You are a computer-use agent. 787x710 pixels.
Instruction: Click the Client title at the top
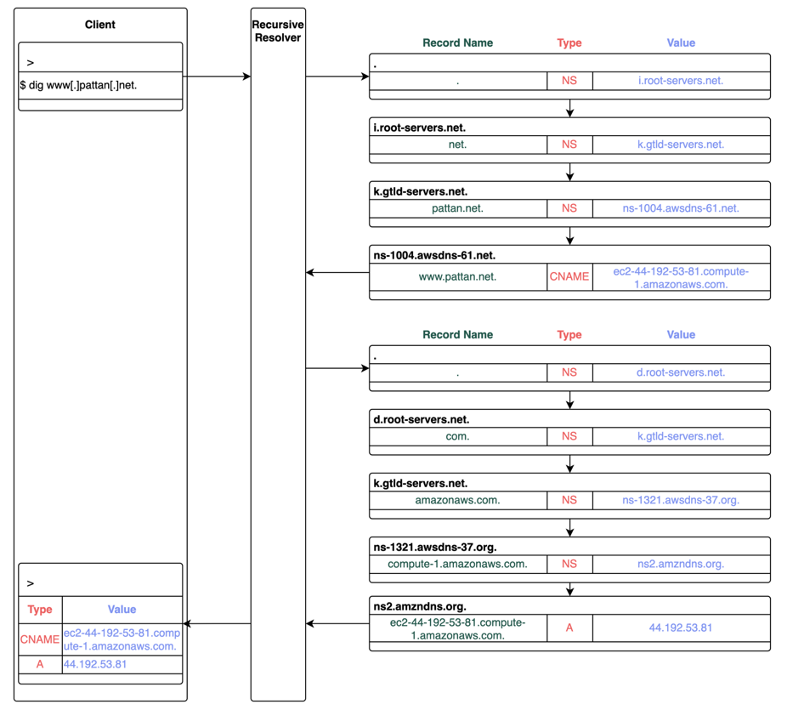click(100, 25)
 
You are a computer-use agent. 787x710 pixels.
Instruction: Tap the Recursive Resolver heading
click(278, 31)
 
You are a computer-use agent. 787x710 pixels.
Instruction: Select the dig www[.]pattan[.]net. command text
click(78, 85)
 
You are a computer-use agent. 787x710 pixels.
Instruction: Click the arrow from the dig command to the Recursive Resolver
click(217, 77)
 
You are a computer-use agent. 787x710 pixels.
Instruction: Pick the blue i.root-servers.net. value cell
click(681, 81)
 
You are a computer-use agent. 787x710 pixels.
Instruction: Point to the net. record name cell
click(457, 145)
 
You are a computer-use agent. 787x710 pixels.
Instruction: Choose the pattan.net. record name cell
click(457, 208)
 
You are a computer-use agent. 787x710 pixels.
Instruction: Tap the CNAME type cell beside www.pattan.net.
click(569, 276)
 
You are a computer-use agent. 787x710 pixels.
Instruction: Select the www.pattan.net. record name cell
click(457, 276)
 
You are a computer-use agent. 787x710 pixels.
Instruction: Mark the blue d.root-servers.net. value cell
click(681, 372)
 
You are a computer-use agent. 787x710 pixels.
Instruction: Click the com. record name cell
click(457, 436)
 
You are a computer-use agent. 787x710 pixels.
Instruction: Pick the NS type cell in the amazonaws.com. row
click(569, 500)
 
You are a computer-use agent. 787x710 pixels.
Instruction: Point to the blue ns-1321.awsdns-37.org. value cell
click(681, 500)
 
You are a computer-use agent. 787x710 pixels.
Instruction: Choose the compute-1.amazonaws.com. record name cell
click(457, 564)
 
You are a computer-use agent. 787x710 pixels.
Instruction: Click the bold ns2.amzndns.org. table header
click(420, 606)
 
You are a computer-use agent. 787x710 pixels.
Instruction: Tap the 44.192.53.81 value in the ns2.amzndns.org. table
click(681, 628)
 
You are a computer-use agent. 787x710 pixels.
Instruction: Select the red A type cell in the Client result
click(40, 664)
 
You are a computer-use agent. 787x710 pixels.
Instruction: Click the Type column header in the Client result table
click(40, 610)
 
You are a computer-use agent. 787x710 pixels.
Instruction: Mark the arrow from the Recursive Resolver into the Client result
click(217, 624)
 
